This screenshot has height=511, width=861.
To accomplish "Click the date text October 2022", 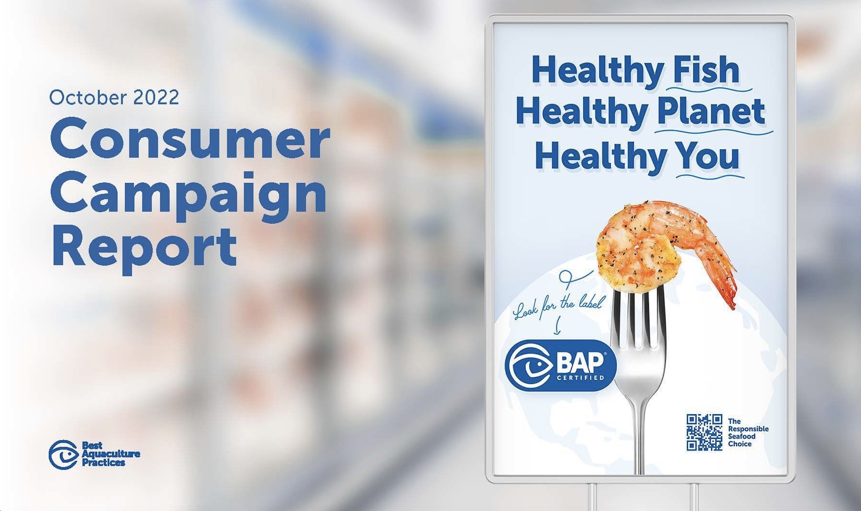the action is (114, 97).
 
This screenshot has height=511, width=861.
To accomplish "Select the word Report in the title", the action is (145, 247).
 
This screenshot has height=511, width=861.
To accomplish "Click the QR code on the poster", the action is (704, 432).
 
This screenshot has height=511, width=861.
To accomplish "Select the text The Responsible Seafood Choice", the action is (748, 432).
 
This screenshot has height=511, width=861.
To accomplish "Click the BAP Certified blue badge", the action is (560, 365).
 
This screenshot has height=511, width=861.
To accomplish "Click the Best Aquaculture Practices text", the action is (111, 454).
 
